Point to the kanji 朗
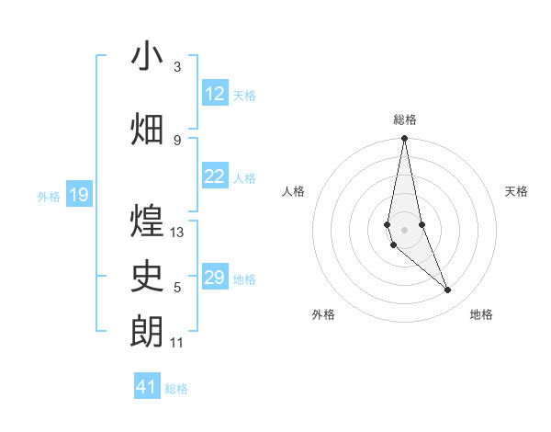[x=148, y=331]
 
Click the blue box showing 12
[x=215, y=94]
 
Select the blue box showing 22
[x=215, y=176]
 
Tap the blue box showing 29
[x=215, y=278]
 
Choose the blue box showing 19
[x=79, y=195]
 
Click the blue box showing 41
[x=147, y=387]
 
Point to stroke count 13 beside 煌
[x=177, y=233]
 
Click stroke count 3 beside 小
[x=177, y=67]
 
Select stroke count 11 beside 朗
[x=177, y=343]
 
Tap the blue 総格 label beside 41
[x=176, y=389]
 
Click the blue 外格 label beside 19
[x=48, y=196]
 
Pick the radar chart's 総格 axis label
[x=404, y=119]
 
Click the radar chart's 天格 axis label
[x=516, y=191]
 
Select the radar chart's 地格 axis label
[x=481, y=315]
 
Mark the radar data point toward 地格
[x=448, y=290]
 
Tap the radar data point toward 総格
[x=404, y=139]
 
